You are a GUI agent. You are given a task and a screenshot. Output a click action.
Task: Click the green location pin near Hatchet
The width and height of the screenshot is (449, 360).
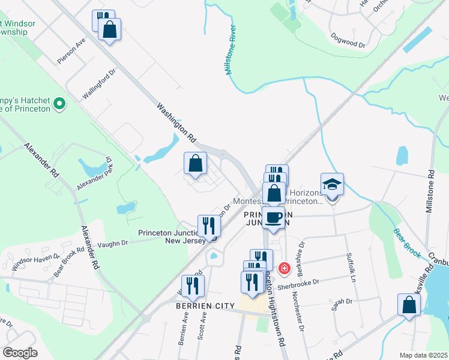[x=59, y=104]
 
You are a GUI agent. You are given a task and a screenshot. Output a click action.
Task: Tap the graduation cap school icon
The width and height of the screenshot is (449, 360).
[x=332, y=184]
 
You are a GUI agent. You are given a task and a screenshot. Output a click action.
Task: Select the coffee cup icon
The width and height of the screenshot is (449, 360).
[x=274, y=218]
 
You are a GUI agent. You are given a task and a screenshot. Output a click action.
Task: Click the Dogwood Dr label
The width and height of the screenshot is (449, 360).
[x=348, y=40]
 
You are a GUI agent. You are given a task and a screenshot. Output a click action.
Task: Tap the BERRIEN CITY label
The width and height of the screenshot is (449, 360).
[x=205, y=306]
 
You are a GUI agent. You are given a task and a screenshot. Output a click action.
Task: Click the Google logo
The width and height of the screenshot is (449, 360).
[x=20, y=353]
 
